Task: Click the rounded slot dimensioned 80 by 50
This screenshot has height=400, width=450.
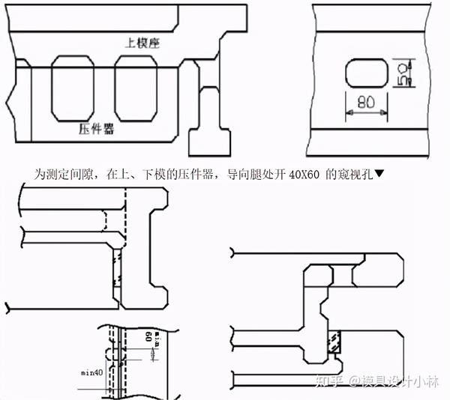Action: (366, 75)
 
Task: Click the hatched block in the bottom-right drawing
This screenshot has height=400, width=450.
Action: (334, 344)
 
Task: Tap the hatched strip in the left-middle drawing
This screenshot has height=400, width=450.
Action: (117, 267)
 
